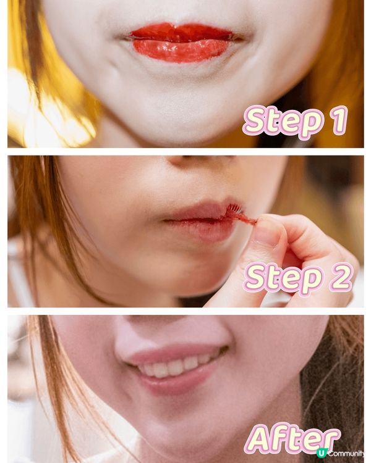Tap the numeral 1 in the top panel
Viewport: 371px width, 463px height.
(339, 120)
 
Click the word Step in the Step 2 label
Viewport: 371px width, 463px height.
(283, 279)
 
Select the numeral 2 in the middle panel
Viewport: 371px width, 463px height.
(341, 277)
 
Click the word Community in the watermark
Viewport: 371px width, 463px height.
(346, 453)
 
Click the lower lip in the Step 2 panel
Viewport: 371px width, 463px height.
(201, 230)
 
